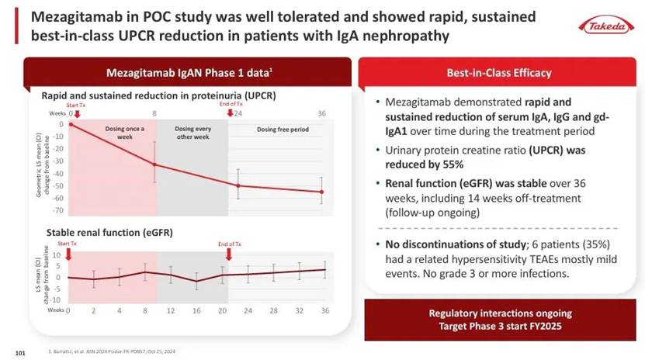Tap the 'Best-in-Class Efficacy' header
499,74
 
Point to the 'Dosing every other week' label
192,132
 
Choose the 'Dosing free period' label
283,130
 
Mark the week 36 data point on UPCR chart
322,192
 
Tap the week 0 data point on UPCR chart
71,124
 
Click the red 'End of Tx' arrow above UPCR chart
229,113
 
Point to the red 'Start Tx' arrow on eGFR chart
68,253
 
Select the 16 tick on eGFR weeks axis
196,310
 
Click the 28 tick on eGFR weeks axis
273,310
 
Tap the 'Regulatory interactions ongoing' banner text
499,313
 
